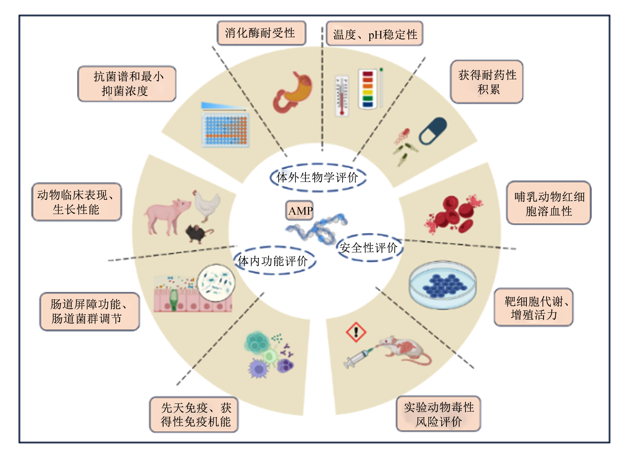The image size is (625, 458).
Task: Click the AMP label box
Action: coord(299,210)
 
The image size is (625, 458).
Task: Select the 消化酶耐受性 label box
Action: coord(261,33)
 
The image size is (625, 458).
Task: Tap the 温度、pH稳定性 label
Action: coord(374,34)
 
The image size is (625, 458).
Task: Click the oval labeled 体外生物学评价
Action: coord(318,177)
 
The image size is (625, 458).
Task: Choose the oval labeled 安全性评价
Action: coord(369,248)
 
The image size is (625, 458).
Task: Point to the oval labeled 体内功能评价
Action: coord(274,260)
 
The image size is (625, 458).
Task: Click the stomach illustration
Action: coord(292,92)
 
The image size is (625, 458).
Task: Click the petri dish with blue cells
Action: coord(443,285)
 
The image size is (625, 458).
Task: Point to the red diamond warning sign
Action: coord(356,332)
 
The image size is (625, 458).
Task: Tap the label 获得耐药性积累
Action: coord(486,82)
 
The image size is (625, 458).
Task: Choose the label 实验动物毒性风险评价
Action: coord(438,414)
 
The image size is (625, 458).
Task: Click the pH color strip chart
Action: coord(368,89)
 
